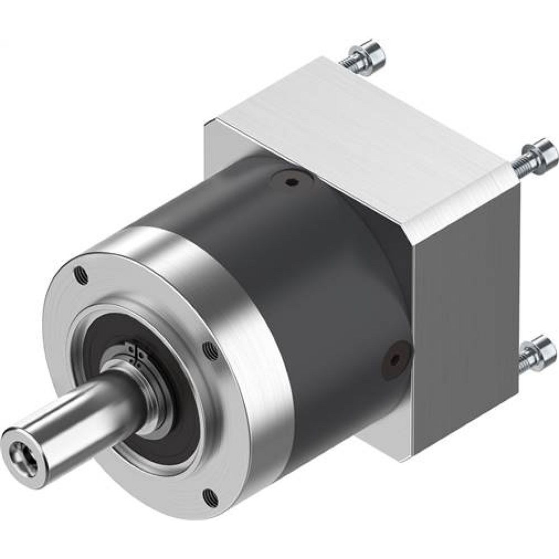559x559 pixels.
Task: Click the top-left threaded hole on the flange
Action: (82, 274)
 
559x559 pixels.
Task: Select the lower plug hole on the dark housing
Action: (396, 360)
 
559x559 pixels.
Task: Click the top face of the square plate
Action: (358, 129)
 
